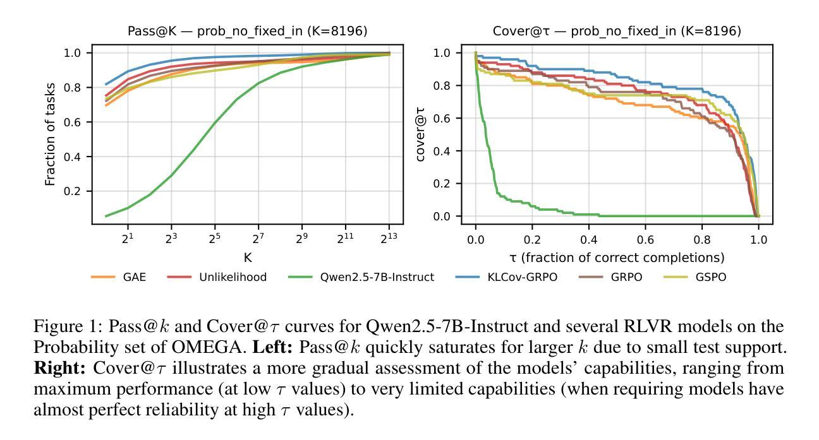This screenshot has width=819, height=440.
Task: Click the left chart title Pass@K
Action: pos(247,31)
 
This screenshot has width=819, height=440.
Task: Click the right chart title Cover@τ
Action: pos(617,31)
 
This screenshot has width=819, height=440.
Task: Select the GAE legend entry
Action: pos(134,277)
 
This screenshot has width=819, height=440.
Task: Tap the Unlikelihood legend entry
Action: pos(233,277)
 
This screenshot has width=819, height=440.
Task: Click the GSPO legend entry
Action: pos(710,277)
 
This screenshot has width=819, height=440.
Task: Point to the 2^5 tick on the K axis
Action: pos(215,239)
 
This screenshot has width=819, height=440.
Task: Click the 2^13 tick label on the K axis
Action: pos(389,239)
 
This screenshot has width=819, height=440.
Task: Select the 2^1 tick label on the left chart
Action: pos(128,239)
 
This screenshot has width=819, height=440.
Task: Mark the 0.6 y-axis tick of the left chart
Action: pos(74,122)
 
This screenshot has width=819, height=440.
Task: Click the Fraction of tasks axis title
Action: pos(51,134)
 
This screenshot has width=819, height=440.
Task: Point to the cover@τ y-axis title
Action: pos(421,134)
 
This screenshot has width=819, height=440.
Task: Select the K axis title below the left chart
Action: pos(247,258)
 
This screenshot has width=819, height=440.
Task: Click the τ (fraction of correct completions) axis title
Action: pos(617,258)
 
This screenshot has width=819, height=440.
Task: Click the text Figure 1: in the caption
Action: pos(68,327)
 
